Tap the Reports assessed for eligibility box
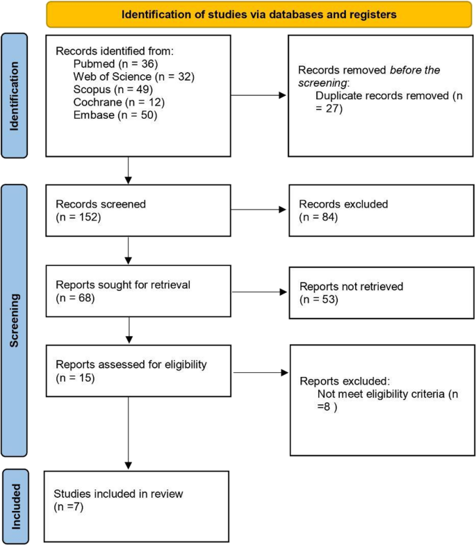click(x=136, y=372)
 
